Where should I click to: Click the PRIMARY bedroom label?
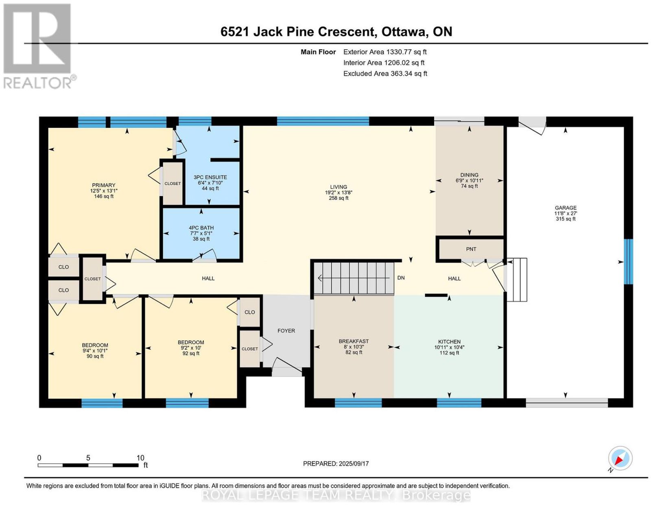click(x=104, y=185)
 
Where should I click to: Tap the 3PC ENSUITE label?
click(x=210, y=177)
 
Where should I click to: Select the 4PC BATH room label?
click(x=201, y=228)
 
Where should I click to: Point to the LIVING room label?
click(x=339, y=187)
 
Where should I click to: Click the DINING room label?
click(x=470, y=175)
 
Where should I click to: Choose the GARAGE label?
click(x=566, y=208)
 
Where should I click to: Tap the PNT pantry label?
click(x=471, y=249)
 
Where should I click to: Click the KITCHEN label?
click(x=449, y=342)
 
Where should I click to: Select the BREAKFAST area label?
click(x=354, y=341)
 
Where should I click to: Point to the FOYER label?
click(x=286, y=331)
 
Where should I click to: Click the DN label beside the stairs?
click(x=401, y=278)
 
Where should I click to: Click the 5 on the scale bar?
click(x=88, y=458)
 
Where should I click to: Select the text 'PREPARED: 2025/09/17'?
click(x=336, y=464)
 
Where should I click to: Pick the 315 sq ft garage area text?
click(x=566, y=219)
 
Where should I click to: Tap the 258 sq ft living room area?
click(x=339, y=198)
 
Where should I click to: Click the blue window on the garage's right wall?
click(x=628, y=261)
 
